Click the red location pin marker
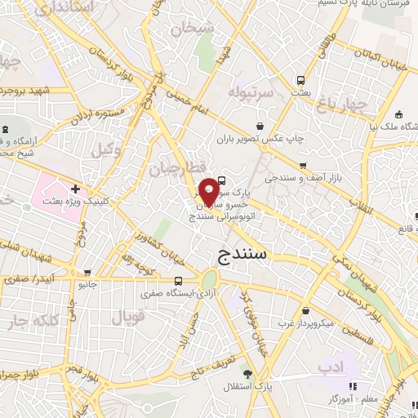[x=209, y=191]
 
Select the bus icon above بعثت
[x=301, y=81]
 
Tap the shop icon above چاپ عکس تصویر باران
[x=260, y=126]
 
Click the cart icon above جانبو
[x=87, y=273]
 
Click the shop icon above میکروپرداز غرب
[x=305, y=311]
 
